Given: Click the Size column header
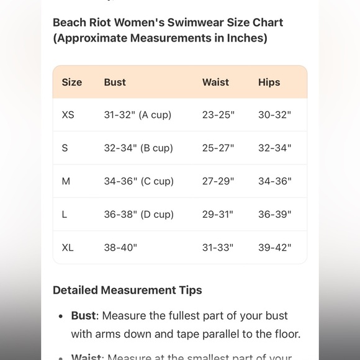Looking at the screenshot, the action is click(71, 82).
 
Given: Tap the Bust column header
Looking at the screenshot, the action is click(115, 82).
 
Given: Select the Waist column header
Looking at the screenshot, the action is click(215, 82).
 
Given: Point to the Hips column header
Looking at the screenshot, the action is click(269, 82).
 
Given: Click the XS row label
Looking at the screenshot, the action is click(68, 115).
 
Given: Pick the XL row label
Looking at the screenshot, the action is click(68, 247).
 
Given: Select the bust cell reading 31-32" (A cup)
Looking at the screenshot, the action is click(137, 115).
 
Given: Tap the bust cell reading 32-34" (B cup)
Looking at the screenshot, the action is click(138, 148).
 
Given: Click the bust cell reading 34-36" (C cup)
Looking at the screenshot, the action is click(138, 181).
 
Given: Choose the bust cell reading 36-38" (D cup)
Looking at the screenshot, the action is click(138, 214).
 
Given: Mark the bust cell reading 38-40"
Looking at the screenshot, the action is click(120, 247).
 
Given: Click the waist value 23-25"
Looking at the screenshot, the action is click(218, 115).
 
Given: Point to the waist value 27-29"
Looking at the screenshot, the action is click(218, 181).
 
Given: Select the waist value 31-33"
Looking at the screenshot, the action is click(218, 247).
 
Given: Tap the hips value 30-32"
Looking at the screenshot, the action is click(274, 115).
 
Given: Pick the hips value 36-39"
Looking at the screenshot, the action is click(274, 214).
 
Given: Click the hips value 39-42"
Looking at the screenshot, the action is click(274, 247).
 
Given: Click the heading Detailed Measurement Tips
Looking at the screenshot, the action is click(127, 290).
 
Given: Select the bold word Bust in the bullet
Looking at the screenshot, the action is click(83, 315).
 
